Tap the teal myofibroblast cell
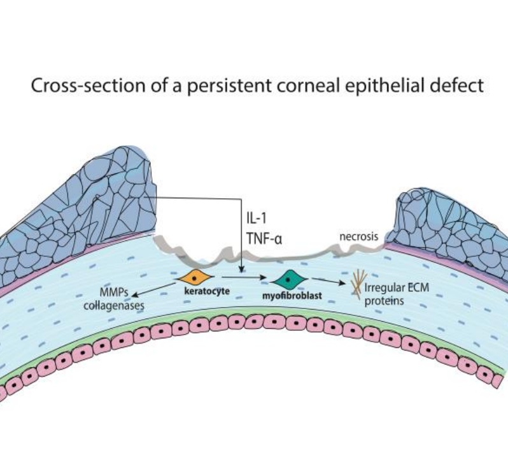pos(289,278)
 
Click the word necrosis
pos(358,236)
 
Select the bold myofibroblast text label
pos(291,296)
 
